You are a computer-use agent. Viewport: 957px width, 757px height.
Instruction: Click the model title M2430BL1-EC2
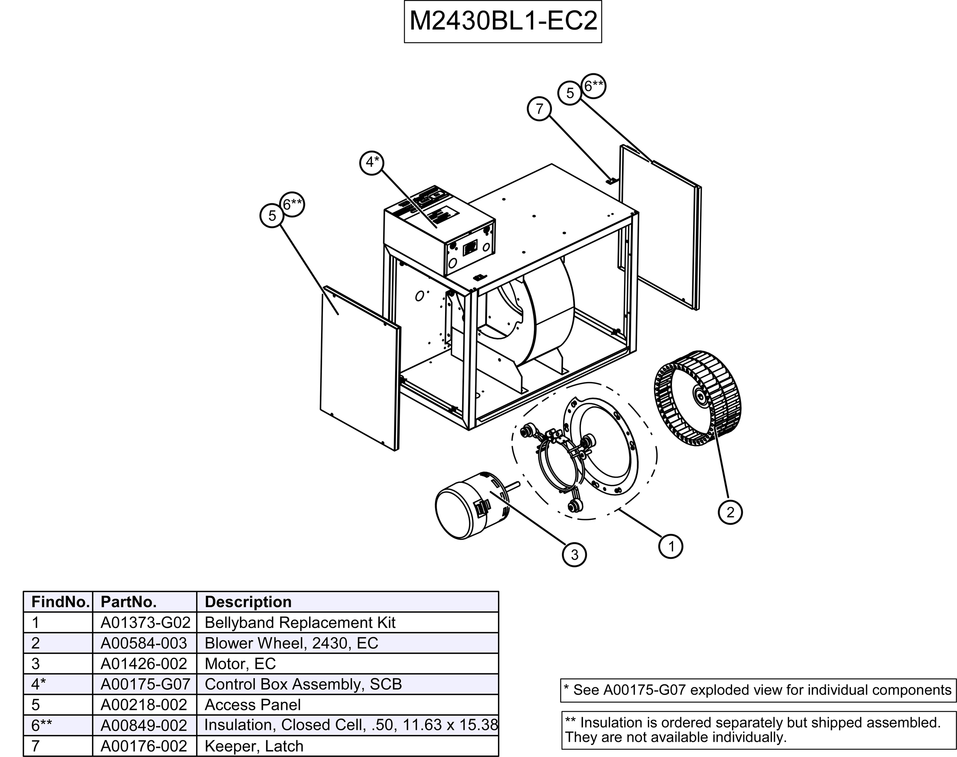click(x=502, y=21)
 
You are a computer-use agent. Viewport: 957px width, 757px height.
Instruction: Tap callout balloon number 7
click(x=539, y=109)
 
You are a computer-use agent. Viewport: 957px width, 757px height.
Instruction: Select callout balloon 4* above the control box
click(x=372, y=163)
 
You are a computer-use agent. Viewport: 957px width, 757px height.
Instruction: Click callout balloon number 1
click(x=671, y=547)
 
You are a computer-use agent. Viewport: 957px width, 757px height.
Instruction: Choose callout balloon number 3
click(x=574, y=555)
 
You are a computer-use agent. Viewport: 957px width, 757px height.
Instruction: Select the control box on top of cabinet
click(x=439, y=230)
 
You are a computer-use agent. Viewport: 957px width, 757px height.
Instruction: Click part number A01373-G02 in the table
click(x=145, y=623)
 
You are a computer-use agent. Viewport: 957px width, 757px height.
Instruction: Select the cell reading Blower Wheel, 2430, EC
click(x=291, y=643)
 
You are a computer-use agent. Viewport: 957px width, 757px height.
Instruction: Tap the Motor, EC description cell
click(x=240, y=663)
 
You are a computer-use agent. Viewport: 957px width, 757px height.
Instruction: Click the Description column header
click(x=248, y=602)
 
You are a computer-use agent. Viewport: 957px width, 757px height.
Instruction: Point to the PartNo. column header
click(x=129, y=602)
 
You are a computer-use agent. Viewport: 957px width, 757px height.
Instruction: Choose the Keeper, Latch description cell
click(x=254, y=746)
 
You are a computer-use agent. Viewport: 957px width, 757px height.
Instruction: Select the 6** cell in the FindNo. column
click(x=42, y=725)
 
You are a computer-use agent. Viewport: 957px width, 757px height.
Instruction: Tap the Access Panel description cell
click(x=252, y=705)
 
